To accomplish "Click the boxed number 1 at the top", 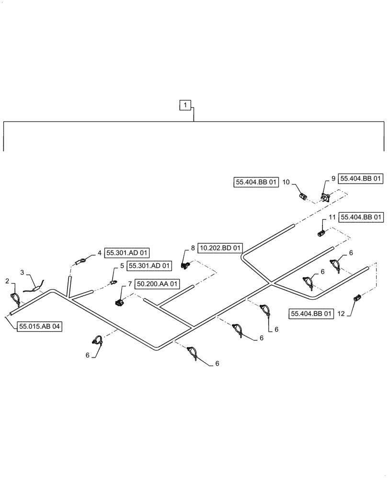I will click(x=186, y=104).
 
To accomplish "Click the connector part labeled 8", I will click(x=186, y=263).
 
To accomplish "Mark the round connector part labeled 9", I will click(x=326, y=196).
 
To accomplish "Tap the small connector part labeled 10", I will click(x=302, y=196).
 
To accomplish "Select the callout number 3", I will click(x=23, y=272).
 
